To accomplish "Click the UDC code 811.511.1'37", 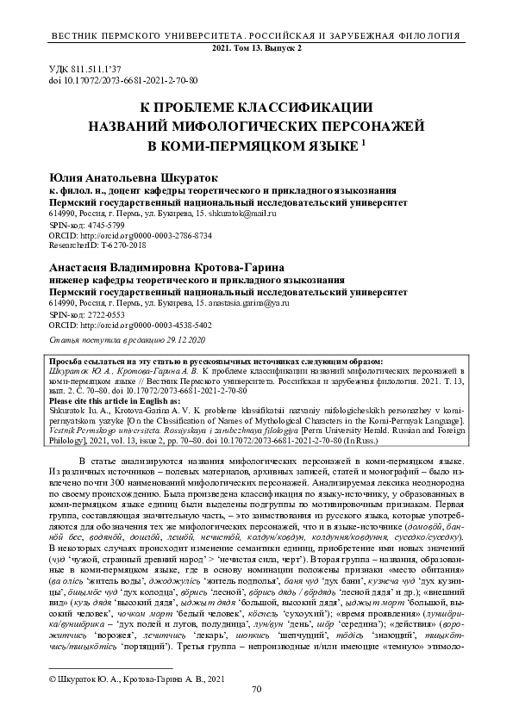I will coord(85,66).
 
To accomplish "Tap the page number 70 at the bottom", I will coord(256,714).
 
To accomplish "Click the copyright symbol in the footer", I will coord(54,680).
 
